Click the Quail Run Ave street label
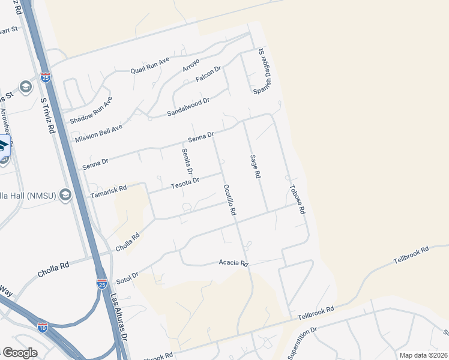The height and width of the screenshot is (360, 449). (151, 65)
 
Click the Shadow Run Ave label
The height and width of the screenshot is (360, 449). (91, 111)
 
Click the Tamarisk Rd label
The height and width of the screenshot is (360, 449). (109, 191)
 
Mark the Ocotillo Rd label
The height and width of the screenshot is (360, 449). (229, 200)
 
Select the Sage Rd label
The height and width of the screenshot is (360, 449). (255, 166)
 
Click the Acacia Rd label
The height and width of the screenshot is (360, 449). (234, 263)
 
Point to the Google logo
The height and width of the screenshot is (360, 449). (20, 353)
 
